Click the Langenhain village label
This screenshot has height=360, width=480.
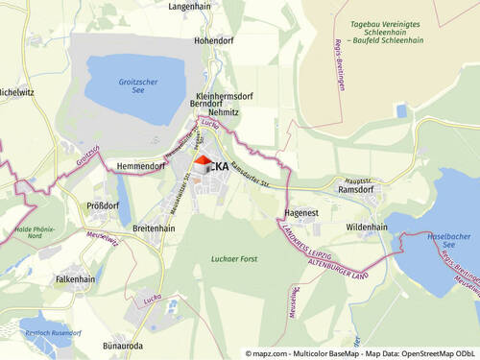pyautogui.click(x=189, y=6)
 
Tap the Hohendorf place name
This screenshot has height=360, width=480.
pyautogui.click(x=213, y=41)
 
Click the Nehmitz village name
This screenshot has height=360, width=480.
pyautogui.click(x=223, y=112)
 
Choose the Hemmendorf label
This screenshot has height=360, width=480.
pyautogui.click(x=140, y=166)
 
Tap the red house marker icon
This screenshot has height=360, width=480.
pyautogui.click(x=204, y=163)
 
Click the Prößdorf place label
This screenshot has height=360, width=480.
pyautogui.click(x=103, y=205)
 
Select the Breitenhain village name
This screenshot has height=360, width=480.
pyautogui.click(x=154, y=228)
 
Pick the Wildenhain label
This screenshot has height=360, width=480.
pyautogui.click(x=366, y=228)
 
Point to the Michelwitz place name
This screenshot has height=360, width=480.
pyautogui.click(x=15, y=92)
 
